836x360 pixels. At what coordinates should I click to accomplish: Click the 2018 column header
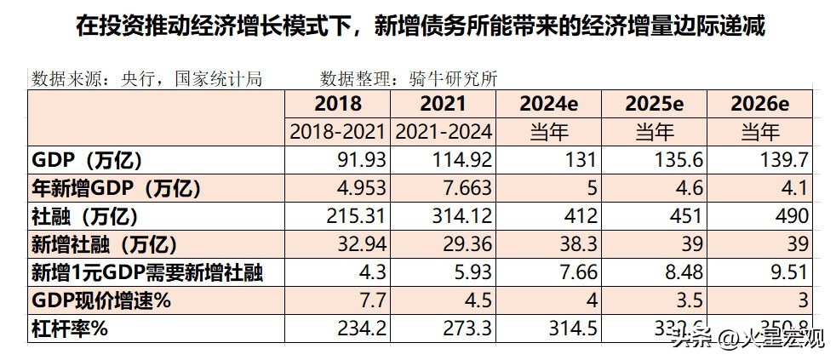click(338, 105)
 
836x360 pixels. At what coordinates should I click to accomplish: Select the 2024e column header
click(548, 105)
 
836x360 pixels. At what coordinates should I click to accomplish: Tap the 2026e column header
click(760, 105)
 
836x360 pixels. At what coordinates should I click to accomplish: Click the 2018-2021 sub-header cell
click(338, 132)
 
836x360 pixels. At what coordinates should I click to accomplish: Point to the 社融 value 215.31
click(358, 216)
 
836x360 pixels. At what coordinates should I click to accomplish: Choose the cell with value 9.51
click(788, 273)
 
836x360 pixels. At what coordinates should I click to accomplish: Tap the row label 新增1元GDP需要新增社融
click(146, 273)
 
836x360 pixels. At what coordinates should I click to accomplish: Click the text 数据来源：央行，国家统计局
click(146, 79)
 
